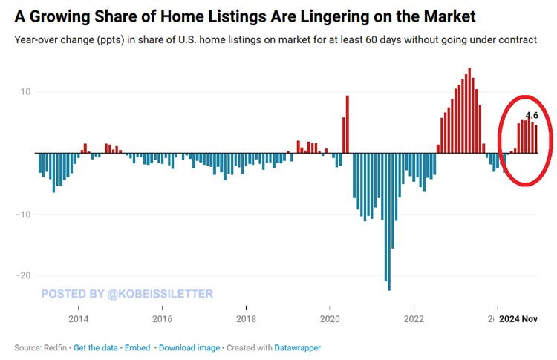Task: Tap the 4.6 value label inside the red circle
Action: [531, 115]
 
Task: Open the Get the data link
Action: [96, 347]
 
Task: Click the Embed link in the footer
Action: [137, 347]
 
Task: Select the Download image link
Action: [189, 347]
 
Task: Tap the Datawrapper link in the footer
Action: [298, 347]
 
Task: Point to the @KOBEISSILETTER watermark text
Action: [160, 294]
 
